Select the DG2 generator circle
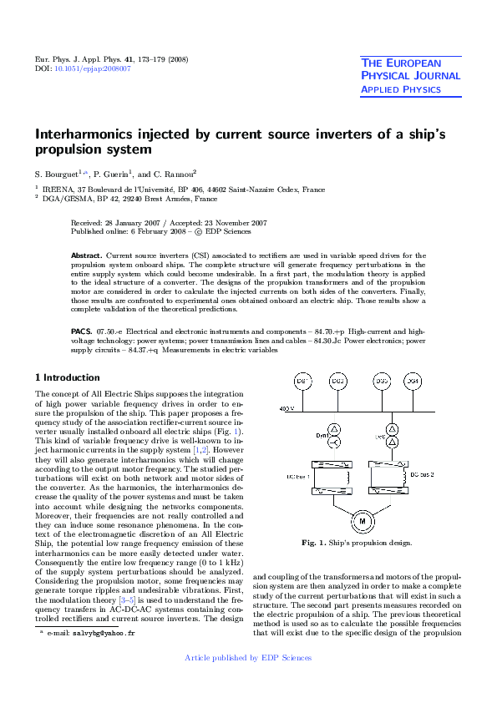[x=338, y=382]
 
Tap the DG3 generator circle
[x=382, y=382]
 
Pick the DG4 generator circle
[x=412, y=382]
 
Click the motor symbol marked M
[x=363, y=520]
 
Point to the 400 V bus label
[x=286, y=408]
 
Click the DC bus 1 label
[x=297, y=476]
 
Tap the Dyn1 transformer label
[x=298, y=436]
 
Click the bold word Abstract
[x=86, y=254]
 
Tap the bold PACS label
[x=81, y=331]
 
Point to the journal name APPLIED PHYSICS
[x=400, y=89]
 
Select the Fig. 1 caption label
[x=314, y=543]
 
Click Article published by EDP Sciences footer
[x=248, y=658]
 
